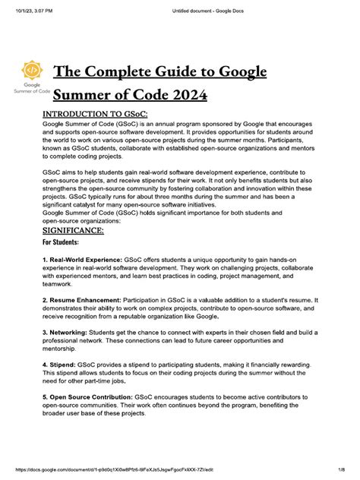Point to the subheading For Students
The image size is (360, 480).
click(63, 242)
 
